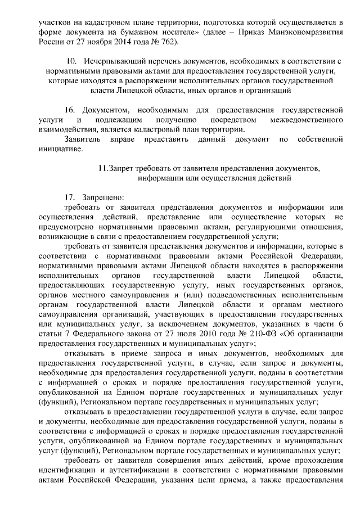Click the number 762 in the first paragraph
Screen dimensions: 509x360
168,42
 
